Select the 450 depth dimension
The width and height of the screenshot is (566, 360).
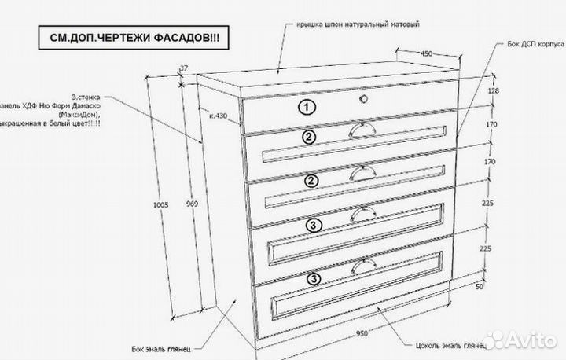click(x=425, y=54)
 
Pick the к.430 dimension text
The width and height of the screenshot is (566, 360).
click(x=219, y=116)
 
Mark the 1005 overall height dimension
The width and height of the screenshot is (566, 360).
click(x=162, y=204)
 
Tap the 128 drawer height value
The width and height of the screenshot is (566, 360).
click(x=493, y=91)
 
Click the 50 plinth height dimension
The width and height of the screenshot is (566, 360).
click(x=501, y=288)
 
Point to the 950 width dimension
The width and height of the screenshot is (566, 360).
click(x=362, y=333)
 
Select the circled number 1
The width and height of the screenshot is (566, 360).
click(x=307, y=106)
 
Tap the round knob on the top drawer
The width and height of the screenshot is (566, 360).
click(x=363, y=100)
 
